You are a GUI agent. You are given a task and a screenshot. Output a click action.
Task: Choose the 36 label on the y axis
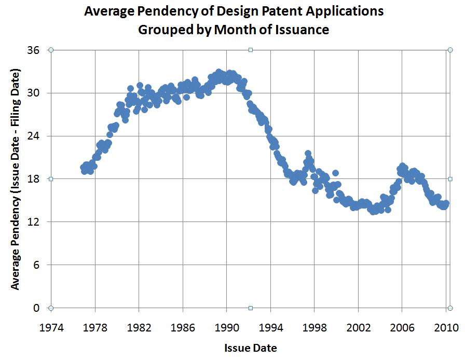tap(34, 50)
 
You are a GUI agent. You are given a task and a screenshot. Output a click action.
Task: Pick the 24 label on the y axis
tap(34, 136)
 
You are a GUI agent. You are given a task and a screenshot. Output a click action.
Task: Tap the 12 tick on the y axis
tap(34, 222)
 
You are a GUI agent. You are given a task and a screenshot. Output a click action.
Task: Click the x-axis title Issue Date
tap(250, 347)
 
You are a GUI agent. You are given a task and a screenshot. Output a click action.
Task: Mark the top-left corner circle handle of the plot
tap(51, 50)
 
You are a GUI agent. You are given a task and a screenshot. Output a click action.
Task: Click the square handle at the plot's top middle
tap(251, 50)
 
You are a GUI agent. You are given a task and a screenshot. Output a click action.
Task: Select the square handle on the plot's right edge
tap(450, 179)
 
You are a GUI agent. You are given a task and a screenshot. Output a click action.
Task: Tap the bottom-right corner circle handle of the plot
tap(450, 308)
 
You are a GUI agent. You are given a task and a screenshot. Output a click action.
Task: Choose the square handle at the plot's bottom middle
tap(251, 308)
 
